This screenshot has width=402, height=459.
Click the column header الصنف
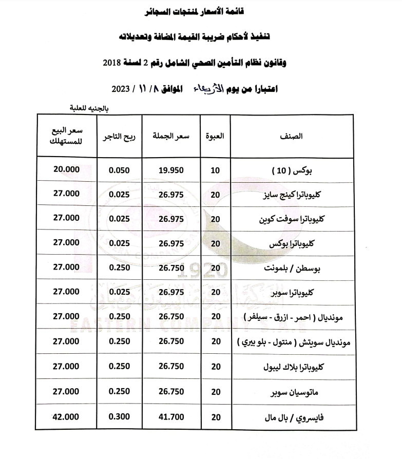click(x=292, y=137)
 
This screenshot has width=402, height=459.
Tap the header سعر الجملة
click(x=171, y=137)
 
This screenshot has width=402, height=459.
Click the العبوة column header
click(x=216, y=137)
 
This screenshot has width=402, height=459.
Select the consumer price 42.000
click(x=66, y=417)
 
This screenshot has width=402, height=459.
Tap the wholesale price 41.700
click(x=171, y=417)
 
